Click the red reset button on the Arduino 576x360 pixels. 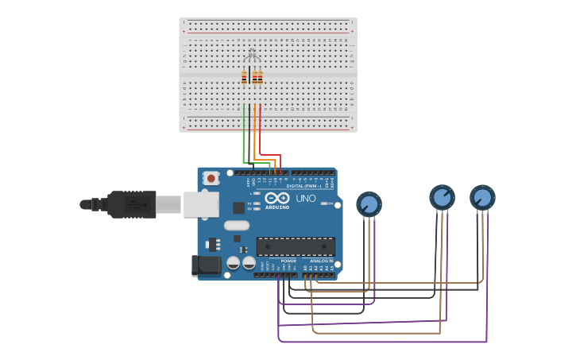click(211, 178)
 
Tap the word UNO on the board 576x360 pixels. click(306, 198)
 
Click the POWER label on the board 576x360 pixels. click(288, 261)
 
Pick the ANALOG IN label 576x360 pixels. click(321, 261)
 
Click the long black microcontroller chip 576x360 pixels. click(295, 246)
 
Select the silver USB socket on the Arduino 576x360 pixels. click(200, 204)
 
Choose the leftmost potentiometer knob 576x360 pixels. click(369, 204)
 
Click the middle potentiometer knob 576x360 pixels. click(442, 196)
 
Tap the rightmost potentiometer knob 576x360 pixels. click(482, 197)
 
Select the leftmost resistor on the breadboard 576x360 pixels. click(244, 77)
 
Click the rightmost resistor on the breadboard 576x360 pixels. click(260, 77)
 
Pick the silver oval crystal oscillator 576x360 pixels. click(236, 225)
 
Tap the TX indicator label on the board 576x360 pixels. click(249, 203)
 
